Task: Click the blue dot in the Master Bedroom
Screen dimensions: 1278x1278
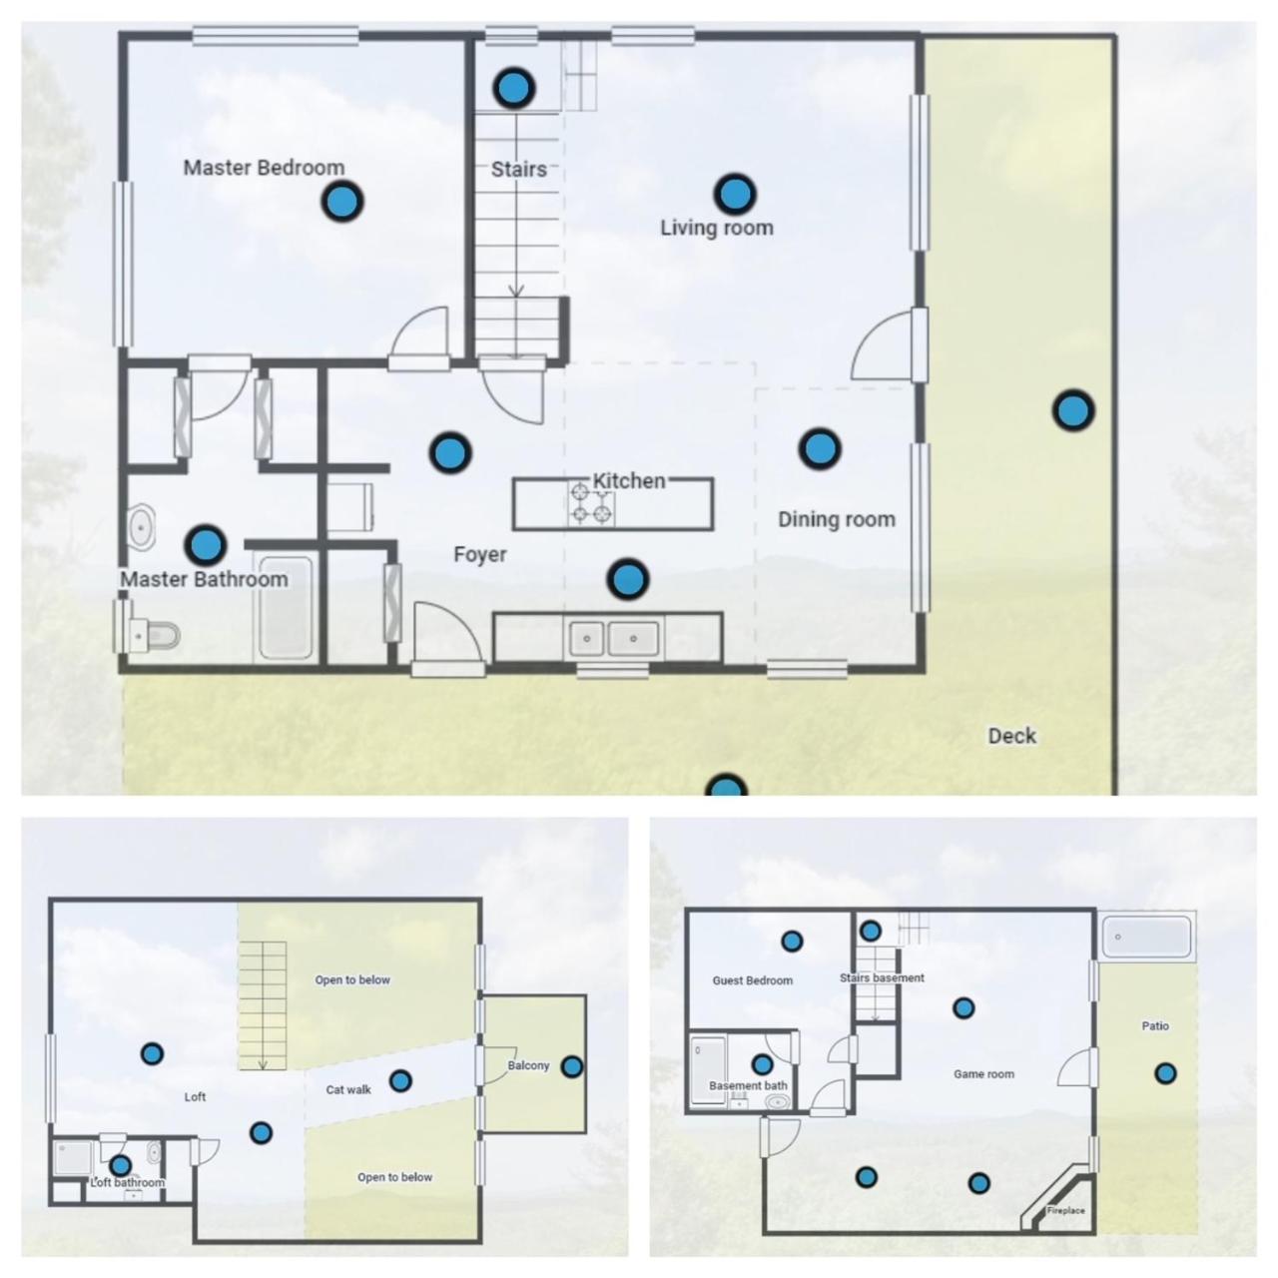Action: [x=342, y=201]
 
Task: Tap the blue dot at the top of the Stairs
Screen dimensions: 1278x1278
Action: [x=513, y=88]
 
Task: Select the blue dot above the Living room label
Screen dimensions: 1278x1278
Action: [x=734, y=195]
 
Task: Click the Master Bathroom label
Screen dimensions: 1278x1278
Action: [x=205, y=579]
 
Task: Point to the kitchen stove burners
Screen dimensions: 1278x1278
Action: [x=591, y=504]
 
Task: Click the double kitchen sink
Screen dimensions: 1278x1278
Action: [x=613, y=639]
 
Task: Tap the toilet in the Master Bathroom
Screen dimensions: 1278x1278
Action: [x=155, y=635]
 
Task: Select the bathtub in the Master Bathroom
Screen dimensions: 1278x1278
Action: [x=286, y=608]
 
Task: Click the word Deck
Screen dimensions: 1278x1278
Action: [x=1012, y=736]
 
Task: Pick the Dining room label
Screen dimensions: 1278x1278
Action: [x=837, y=519]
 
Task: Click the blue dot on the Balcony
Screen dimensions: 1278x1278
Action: [x=572, y=1066]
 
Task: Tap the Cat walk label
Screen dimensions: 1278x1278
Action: [x=348, y=1089]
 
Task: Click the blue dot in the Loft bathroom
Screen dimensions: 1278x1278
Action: [x=120, y=1164]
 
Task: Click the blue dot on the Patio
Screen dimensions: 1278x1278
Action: [x=1165, y=1073]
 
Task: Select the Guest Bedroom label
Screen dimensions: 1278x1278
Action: [x=752, y=980]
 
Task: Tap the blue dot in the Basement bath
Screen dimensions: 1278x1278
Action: [x=762, y=1064]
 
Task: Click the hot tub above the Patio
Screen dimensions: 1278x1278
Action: [x=1146, y=937]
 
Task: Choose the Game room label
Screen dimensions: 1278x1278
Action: [x=983, y=1073]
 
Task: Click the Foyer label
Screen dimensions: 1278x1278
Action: [x=480, y=554]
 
